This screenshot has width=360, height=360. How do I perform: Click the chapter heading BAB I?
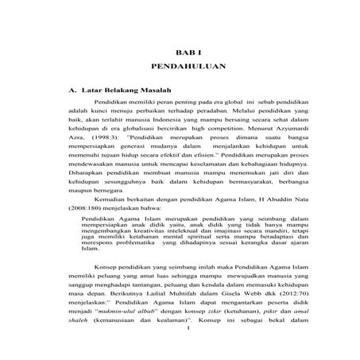(x=184, y=50)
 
